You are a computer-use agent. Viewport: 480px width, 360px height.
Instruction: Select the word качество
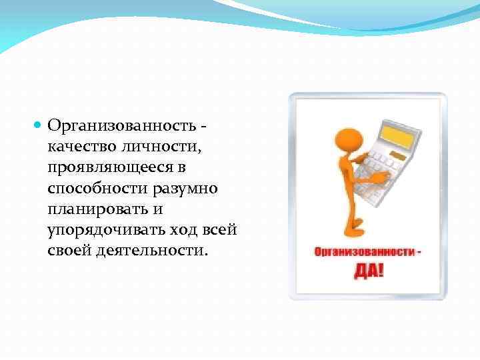coord(79,147)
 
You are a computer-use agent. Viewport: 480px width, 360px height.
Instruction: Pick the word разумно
coord(185,189)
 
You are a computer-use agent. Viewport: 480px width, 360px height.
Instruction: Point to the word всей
coord(220,231)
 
